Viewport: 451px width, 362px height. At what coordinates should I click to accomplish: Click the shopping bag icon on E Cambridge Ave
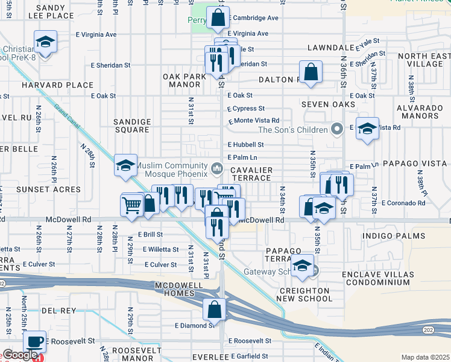point(218,18)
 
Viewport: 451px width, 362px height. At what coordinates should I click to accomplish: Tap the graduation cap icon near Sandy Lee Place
point(45,42)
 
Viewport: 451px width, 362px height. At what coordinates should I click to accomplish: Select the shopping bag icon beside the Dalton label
point(311,72)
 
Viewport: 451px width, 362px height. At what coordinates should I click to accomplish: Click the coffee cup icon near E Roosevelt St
point(34,341)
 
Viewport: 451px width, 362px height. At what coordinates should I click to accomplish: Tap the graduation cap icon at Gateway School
point(302,265)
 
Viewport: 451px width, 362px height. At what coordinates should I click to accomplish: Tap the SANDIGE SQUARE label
point(131,125)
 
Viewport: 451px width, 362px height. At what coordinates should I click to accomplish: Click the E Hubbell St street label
point(245,145)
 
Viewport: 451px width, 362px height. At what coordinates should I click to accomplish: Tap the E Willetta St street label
point(160,249)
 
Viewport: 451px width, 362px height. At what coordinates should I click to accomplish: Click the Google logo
point(19,355)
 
